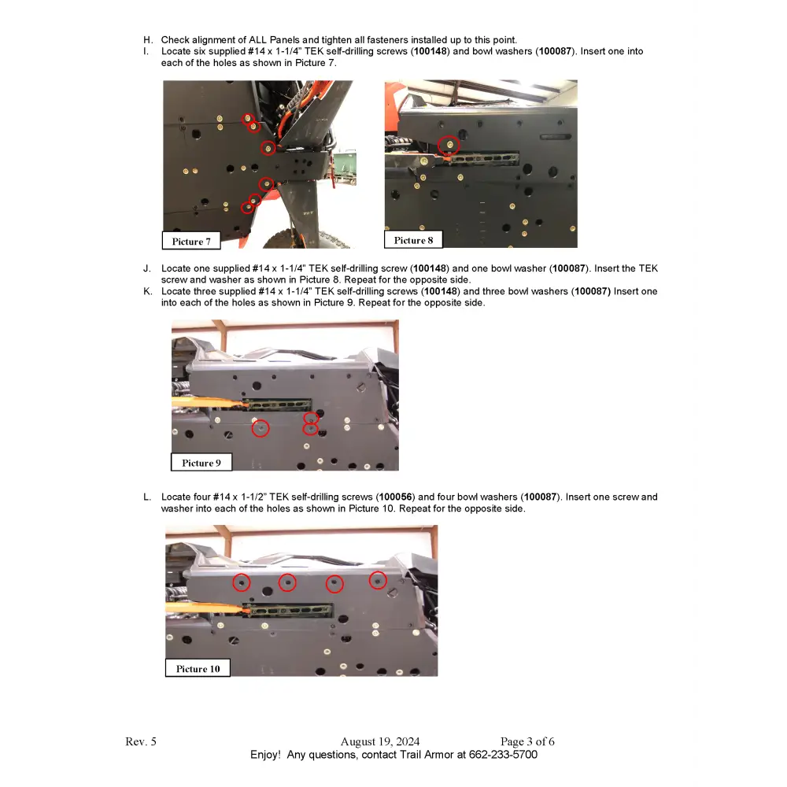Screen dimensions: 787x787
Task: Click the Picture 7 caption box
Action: pos(191,242)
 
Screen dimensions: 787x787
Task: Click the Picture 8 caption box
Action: pos(413,240)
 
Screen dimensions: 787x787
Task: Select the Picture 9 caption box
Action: pos(201,463)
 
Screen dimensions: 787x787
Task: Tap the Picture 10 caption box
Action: pos(198,669)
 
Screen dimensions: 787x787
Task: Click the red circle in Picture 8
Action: pos(449,146)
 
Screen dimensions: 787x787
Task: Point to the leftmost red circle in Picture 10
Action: pos(242,582)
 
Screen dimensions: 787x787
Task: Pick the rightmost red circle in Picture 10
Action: pos(378,581)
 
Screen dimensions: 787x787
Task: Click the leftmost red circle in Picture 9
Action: pos(260,428)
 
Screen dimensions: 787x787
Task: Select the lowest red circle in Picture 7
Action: pos(248,208)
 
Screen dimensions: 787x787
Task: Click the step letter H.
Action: pos(146,40)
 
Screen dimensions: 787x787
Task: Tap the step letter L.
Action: pos(146,497)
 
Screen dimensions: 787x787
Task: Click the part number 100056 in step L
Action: pos(395,497)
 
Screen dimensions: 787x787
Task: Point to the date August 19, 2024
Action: pos(380,741)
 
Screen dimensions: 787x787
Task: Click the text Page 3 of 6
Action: pos(527,741)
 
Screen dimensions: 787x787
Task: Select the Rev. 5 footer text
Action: pos(141,741)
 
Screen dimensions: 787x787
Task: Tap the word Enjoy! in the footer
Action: pos(265,755)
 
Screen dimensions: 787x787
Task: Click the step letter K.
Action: pos(147,291)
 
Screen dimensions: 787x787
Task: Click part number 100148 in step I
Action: pos(431,51)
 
